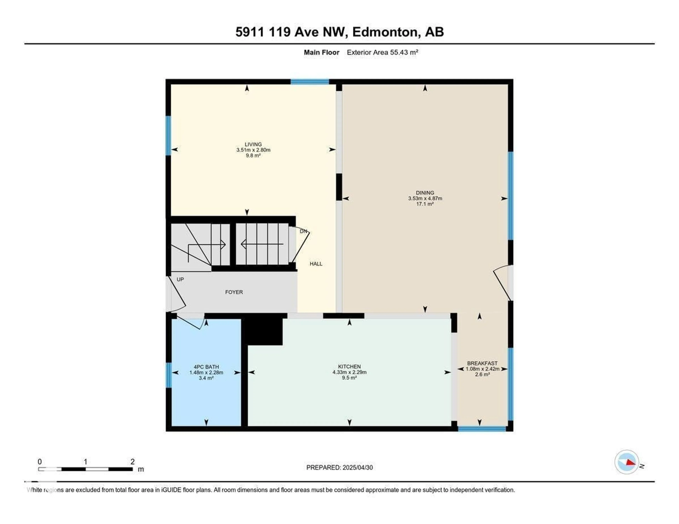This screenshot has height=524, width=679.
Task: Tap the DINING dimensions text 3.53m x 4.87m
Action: point(425,198)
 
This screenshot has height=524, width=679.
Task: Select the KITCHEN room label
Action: point(349,367)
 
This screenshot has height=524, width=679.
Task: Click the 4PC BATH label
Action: point(206,367)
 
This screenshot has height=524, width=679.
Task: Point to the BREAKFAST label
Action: point(482,363)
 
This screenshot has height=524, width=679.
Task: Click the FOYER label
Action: point(234,292)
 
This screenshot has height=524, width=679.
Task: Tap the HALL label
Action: point(316,264)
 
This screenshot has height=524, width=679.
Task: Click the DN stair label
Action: point(303,231)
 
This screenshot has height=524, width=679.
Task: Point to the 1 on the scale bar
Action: point(86,462)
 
